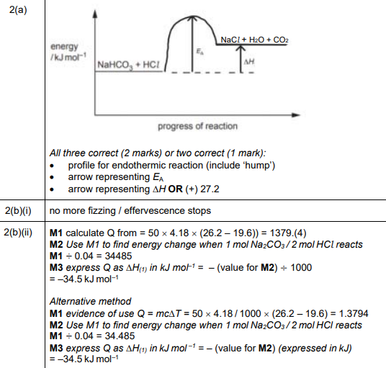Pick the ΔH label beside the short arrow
pos(249,63)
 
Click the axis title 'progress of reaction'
pos(197,127)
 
